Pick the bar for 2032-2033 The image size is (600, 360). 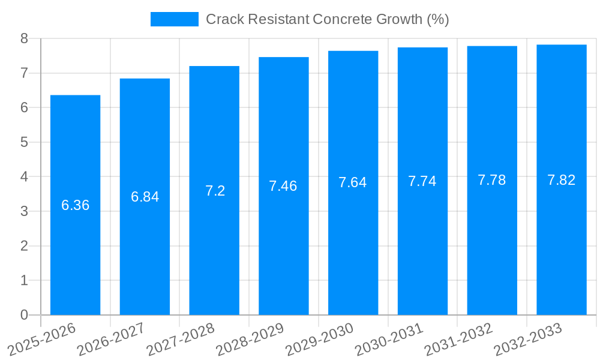pos(562,240)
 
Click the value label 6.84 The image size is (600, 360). pos(145,197)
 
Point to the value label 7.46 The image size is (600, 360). pos(283,186)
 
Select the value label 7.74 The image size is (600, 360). pos(422,182)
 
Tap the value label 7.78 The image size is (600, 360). pos(492,180)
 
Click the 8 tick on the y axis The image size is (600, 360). pos(24,39)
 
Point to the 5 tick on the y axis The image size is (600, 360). pos(24,143)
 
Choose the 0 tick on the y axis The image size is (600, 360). pos(24,315)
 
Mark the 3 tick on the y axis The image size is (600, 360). pos(24,212)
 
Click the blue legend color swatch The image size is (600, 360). pos(174,19)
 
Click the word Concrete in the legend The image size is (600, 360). pos(340,19)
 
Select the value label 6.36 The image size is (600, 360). pos(75,205)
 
